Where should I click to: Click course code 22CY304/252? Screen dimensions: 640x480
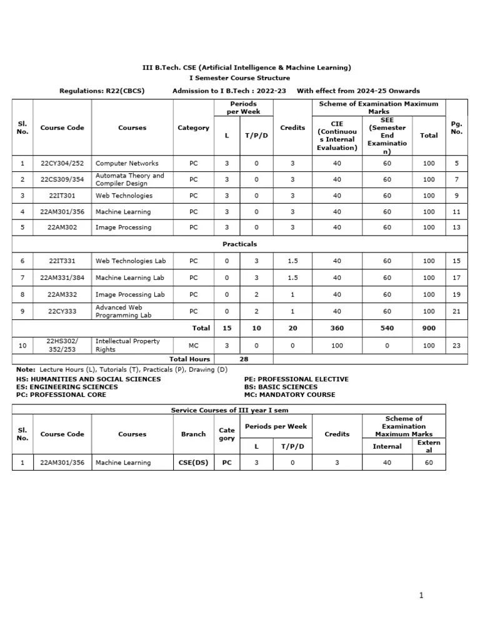coord(61,164)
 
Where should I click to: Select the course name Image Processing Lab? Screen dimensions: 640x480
coord(130,294)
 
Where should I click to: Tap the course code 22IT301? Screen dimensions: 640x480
coord(61,196)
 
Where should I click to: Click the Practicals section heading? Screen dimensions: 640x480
coord(239,244)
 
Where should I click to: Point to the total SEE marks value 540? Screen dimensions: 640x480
coord(387,328)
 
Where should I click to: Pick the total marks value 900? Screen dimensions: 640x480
coord(428,328)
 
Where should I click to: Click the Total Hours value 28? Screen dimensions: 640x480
coord(243,359)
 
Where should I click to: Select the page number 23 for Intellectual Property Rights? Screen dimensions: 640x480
coord(456,345)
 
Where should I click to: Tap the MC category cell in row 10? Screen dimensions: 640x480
coord(193,345)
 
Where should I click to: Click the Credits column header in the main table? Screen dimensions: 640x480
coord(292,128)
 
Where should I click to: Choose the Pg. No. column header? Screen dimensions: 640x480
coord(456,128)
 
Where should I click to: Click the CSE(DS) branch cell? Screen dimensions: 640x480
coord(193,463)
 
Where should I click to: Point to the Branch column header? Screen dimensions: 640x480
coord(193,434)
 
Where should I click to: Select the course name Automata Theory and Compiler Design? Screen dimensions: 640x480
coord(130,180)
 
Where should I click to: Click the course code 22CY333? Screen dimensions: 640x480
coord(61,311)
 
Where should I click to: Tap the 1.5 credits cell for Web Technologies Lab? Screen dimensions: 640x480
coord(292,261)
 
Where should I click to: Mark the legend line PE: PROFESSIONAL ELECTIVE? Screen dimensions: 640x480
coord(296,379)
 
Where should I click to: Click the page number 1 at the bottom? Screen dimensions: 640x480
coord(422,596)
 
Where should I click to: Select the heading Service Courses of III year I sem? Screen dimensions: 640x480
coord(229,410)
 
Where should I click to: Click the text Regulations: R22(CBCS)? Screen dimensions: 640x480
coord(101,91)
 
